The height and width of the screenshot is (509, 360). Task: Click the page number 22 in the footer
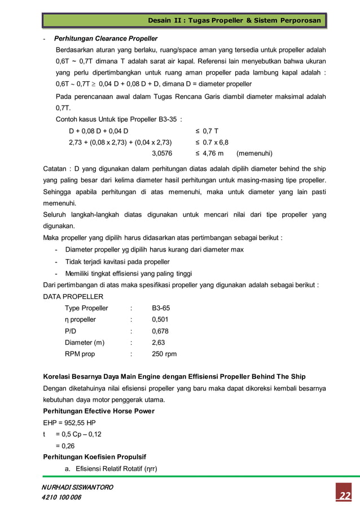point(344,495)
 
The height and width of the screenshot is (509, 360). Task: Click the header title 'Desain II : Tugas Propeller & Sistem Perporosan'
point(234,21)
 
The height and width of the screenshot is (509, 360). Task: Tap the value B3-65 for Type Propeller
point(161,308)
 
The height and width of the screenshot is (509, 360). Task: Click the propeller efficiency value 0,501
point(160,319)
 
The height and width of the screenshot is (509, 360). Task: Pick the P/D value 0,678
point(160,331)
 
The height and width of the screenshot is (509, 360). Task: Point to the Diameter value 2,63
point(159,343)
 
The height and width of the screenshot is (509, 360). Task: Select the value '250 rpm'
point(164,354)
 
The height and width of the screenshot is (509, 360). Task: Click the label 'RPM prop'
point(80,354)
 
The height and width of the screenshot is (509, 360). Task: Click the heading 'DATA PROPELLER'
point(73,296)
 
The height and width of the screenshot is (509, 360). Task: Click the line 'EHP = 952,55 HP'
point(70,423)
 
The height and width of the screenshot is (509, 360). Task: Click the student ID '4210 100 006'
point(62,497)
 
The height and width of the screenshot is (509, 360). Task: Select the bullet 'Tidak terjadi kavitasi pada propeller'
point(117,262)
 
